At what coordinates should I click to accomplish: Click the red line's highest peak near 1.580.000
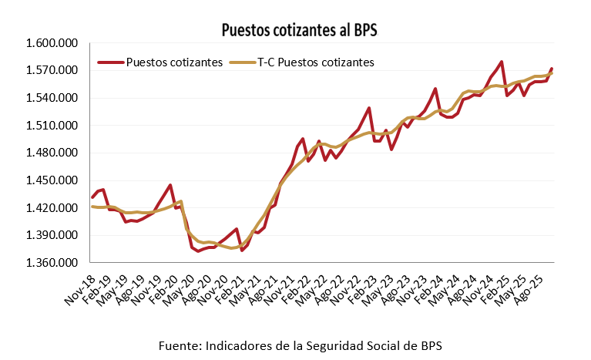[502, 62]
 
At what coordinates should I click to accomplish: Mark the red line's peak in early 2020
[170, 185]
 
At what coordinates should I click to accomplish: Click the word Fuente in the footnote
[178, 344]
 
